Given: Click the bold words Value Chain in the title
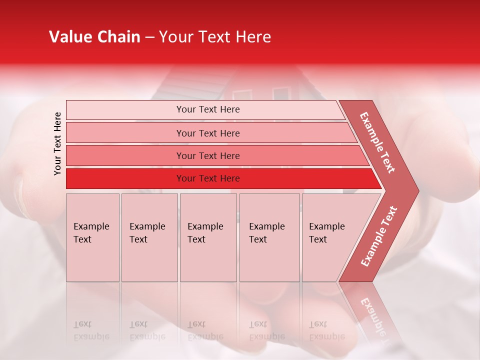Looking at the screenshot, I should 94,37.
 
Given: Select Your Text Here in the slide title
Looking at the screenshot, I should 215,37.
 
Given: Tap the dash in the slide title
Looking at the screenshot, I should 149,37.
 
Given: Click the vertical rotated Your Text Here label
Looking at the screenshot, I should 57,143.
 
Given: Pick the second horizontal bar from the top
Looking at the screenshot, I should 208,133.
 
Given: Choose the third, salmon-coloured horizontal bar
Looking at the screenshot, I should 208,155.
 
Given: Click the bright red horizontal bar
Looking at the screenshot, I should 208,178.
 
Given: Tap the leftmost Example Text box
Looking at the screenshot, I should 92,237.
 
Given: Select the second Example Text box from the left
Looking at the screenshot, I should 149,237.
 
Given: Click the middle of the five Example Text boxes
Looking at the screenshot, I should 208,237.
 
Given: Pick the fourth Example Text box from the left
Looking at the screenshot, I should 269,237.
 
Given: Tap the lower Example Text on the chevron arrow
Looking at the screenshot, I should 379,236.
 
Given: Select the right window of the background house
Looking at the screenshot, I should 281,94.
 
